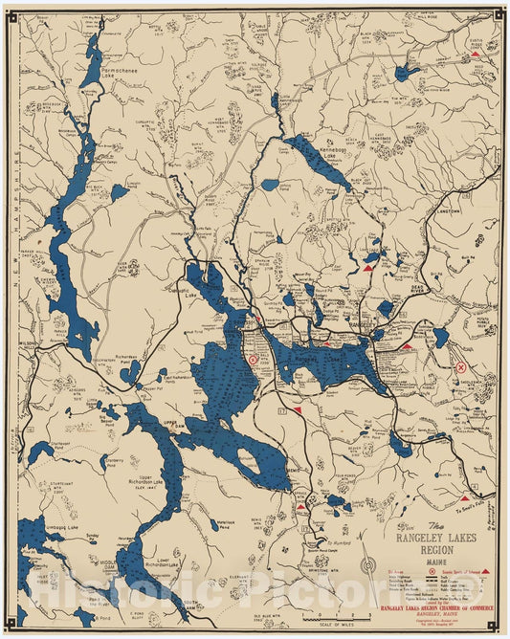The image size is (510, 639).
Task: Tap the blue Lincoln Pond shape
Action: (x=119, y=192)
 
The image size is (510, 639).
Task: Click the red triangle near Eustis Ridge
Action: (x=475, y=55)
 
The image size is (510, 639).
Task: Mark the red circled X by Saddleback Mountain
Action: (x=460, y=366)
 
